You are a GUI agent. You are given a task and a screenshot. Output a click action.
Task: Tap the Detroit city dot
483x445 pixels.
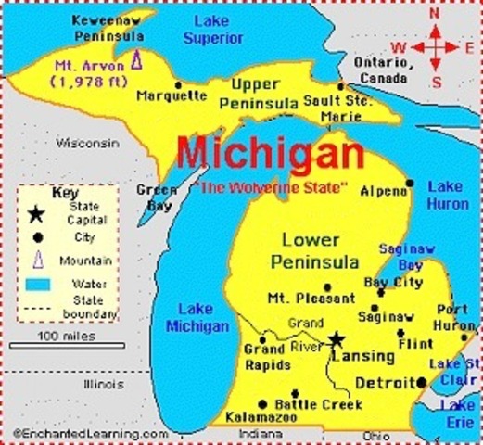(422, 382)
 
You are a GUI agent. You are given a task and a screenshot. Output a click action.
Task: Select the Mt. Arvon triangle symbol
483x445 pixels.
(136, 59)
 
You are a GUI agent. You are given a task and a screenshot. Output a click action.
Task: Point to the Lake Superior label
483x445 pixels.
(213, 29)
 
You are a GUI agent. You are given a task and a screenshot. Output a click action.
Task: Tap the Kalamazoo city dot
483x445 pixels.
(263, 403)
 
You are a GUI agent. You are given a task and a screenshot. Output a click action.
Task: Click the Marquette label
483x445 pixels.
(172, 95)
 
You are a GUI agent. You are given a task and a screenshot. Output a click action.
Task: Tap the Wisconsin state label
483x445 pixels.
(87, 144)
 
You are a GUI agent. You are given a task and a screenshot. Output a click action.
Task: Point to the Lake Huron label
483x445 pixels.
(448, 194)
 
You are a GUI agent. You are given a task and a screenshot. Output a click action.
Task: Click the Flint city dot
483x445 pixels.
(401, 333)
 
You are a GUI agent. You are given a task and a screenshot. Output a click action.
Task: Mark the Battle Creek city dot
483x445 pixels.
(294, 393)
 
